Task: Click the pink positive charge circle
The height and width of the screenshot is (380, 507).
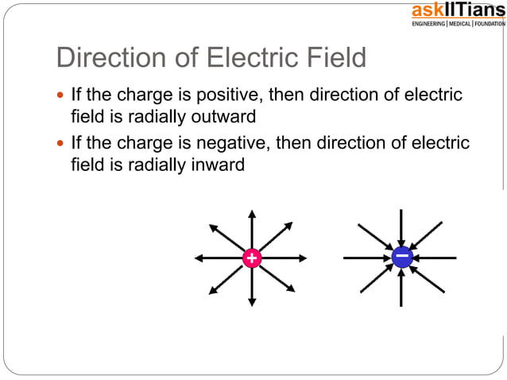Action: (x=251, y=258)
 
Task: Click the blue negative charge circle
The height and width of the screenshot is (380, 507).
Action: (x=401, y=257)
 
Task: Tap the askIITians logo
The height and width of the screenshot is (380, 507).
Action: (x=457, y=10)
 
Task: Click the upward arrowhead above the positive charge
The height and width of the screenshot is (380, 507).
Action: (x=251, y=214)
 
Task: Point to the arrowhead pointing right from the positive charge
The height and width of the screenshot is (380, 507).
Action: (x=303, y=258)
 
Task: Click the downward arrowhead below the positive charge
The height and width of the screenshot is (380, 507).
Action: (x=251, y=301)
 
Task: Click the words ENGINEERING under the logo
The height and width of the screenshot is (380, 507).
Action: (x=428, y=24)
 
